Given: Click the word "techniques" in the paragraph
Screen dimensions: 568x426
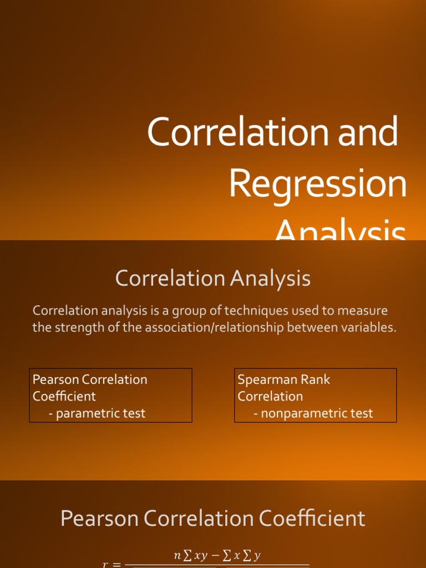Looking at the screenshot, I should point(211,311).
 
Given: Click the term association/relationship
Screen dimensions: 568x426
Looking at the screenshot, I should point(220,327).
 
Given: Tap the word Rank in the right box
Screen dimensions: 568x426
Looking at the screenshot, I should point(316,380).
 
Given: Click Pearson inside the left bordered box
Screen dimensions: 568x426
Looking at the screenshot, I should point(56,380).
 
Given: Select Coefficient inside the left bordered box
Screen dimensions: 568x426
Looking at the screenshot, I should point(64,397).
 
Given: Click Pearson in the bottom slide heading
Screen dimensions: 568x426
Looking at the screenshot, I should point(100,519).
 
